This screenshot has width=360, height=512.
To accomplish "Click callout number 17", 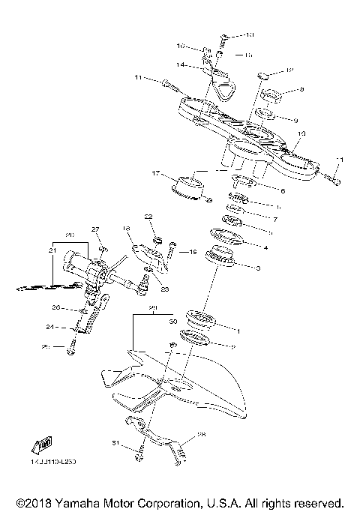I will pyautogui.click(x=156, y=175).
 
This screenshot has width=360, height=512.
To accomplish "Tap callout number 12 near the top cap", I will pyautogui.click(x=290, y=70).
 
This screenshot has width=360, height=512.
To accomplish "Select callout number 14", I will pyautogui.click(x=181, y=66).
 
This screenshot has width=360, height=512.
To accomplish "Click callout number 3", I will pyautogui.click(x=257, y=267).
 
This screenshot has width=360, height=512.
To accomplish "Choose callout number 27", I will pyautogui.click(x=95, y=229).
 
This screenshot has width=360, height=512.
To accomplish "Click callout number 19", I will pyautogui.click(x=192, y=252).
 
